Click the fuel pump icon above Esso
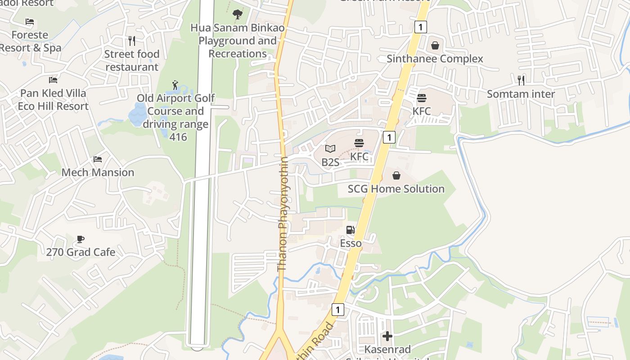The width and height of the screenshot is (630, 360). pos(351,230)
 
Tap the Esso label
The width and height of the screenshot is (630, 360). pos(351,243)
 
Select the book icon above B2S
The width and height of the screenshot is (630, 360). pos(330,148)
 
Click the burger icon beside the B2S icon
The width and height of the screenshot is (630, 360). pos(359,144)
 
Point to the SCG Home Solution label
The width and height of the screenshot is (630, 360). pos(396,189)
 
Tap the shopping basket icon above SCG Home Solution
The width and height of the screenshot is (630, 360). pos(396,175)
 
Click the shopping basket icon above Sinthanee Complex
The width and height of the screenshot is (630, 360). pos(435,45)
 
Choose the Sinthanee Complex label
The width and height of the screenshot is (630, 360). pos(435,59)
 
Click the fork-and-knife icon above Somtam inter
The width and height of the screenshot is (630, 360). pos(521,81)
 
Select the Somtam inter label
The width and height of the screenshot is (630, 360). pos(521,94)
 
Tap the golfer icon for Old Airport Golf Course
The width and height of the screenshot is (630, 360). pos(175,85)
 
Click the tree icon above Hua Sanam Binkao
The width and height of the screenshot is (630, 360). pos(238,15)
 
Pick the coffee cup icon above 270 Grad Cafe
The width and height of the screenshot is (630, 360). pos(81,239)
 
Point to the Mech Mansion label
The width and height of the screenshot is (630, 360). pos(98,172)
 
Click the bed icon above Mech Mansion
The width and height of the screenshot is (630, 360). pos(98,159)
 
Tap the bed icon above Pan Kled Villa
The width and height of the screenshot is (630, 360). pos(53,80)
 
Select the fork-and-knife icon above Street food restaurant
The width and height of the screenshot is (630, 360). pos(132,41)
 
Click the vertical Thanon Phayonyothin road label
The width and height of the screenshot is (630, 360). pos(283,214)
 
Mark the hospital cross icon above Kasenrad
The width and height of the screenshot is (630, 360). pos(387,336)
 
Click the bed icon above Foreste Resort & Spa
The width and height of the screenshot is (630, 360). pos(30,22)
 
